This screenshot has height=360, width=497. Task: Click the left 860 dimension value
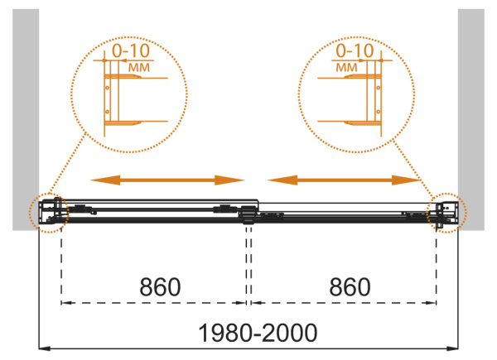160,287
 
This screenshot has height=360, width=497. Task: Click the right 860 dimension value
350,287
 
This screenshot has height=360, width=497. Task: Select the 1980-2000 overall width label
258,333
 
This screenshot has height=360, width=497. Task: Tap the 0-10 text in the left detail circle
131,50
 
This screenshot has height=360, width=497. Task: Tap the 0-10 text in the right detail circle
355,50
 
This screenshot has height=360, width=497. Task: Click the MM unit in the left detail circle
139,67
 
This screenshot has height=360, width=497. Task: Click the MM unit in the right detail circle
346,67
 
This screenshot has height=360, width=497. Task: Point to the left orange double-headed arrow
167,180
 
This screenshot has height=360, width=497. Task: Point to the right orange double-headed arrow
345,180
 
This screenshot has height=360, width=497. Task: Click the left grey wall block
26,120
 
